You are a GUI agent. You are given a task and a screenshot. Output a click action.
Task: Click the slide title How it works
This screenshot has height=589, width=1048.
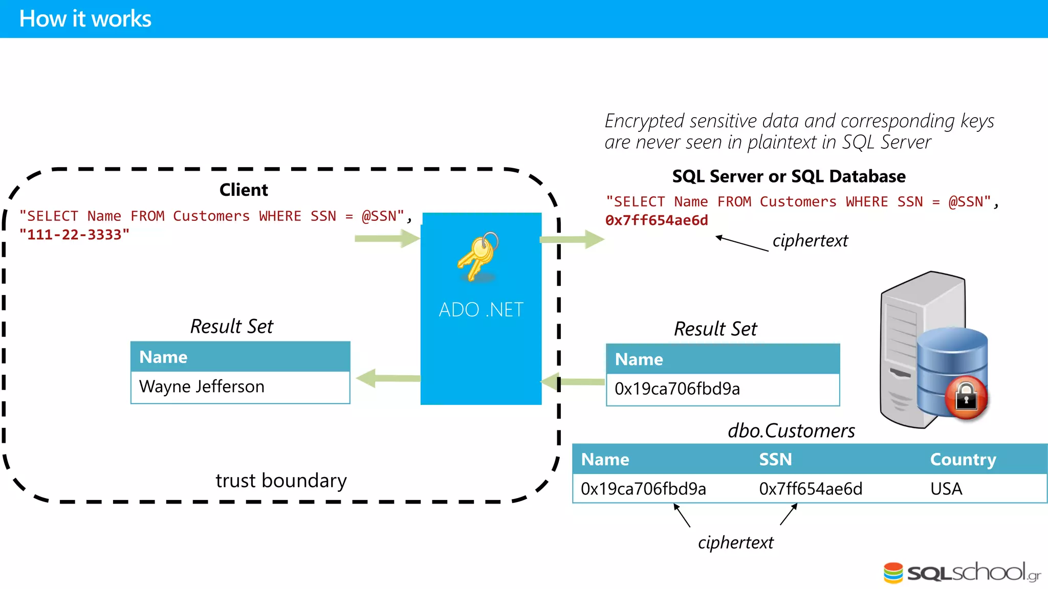(85, 19)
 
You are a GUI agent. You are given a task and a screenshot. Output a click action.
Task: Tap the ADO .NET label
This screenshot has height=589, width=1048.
(481, 310)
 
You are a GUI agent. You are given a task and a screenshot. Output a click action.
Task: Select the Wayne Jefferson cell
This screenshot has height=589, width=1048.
(202, 387)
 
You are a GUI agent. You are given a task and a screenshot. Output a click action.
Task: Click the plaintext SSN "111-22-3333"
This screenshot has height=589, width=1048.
(75, 235)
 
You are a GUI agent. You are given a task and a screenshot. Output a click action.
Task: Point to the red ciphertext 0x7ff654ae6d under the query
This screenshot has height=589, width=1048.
(657, 220)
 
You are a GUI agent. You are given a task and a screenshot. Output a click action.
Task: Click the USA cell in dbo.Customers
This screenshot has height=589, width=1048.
(946, 489)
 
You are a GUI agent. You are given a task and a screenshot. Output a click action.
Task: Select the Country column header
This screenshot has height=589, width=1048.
(963, 459)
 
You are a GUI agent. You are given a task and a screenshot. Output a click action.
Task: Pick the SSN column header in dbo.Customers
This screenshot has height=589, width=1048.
(775, 459)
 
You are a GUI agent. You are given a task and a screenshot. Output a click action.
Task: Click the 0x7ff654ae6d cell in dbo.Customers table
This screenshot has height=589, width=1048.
(811, 489)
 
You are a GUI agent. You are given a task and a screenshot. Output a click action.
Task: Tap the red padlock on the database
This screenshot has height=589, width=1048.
(966, 397)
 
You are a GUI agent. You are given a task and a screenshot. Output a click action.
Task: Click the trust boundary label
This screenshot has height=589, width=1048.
(281, 481)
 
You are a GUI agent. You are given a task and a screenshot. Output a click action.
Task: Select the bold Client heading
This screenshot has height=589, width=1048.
(244, 190)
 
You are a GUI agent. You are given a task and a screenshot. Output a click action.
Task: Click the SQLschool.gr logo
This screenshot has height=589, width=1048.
(962, 572)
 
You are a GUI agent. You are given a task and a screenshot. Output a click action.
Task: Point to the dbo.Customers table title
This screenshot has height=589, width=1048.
(791, 431)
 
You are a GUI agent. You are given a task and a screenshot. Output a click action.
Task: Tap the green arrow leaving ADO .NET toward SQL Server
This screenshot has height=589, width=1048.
(572, 239)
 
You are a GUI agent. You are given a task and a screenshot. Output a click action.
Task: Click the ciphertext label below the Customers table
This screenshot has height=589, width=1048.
(735, 542)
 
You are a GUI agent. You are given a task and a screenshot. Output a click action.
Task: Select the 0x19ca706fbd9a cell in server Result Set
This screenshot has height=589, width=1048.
(677, 389)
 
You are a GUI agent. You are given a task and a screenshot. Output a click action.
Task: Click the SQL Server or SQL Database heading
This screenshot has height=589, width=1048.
(789, 176)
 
